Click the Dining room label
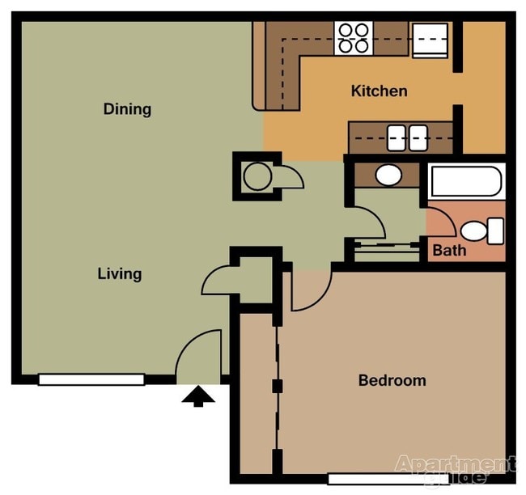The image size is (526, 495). click(127, 109)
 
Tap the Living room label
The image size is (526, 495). click(120, 273)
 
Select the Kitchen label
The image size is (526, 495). click(379, 91)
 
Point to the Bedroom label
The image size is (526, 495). click(392, 380)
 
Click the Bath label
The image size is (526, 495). click(449, 250)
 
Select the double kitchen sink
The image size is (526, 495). click(407, 137)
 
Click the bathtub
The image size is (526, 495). click(467, 180)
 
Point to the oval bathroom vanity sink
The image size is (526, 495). click(389, 175)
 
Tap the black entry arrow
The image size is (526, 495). click(197, 396)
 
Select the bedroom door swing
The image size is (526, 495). click(311, 291)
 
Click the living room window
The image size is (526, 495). click(91, 379)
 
